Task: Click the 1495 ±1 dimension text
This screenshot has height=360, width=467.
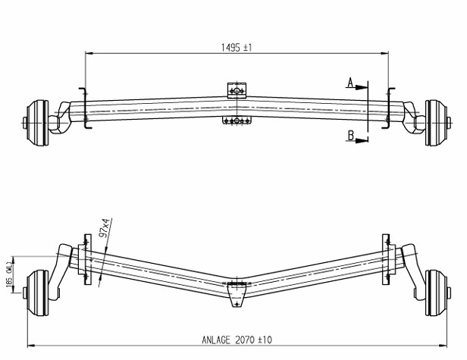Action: click(237, 47)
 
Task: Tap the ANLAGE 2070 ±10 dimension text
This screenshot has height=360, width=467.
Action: click(237, 340)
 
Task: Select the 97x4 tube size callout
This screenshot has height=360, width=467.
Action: click(105, 227)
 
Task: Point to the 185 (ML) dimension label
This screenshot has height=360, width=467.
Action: click(9, 274)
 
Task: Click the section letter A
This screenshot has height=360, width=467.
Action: click(350, 83)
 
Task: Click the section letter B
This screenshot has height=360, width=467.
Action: click(351, 136)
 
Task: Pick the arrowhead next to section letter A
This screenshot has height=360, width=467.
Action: click(362, 88)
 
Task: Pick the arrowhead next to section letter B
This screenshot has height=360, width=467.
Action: click(362, 140)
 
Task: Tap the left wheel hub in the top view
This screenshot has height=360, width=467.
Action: click(37, 123)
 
